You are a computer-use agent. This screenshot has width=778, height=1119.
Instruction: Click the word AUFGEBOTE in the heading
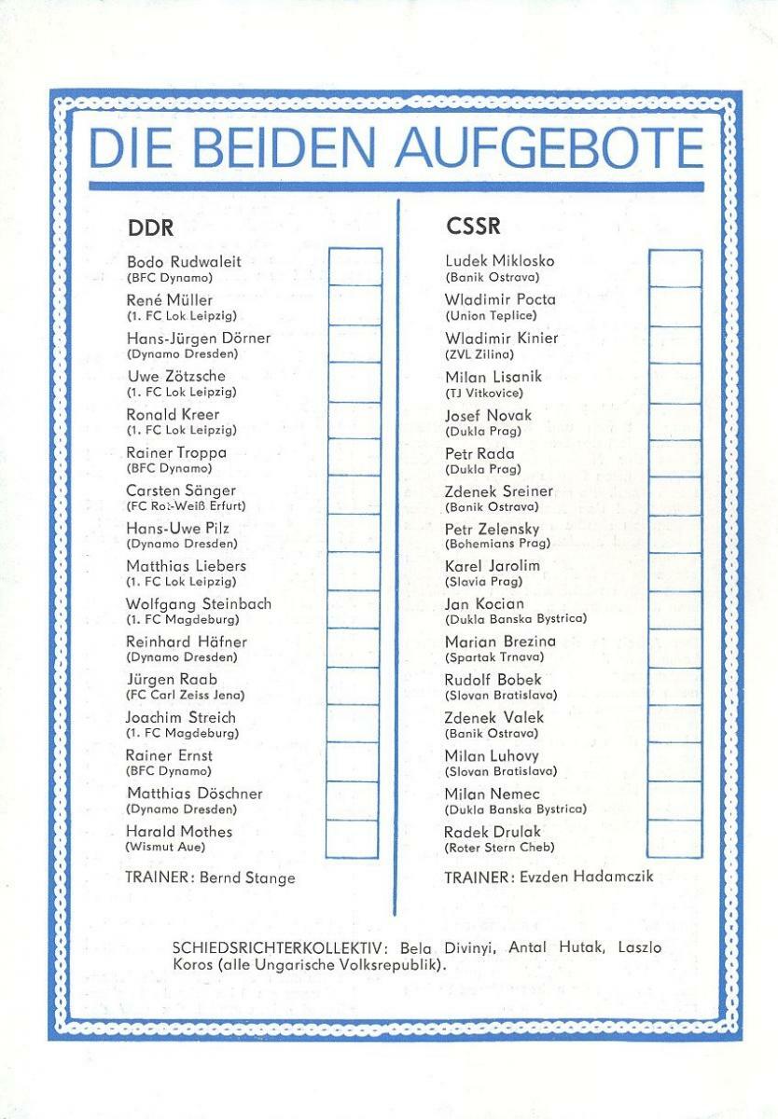[x=550, y=147]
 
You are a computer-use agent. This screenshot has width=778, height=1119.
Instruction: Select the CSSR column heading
[x=473, y=228]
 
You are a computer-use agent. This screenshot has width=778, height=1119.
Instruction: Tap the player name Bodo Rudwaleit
[x=184, y=262]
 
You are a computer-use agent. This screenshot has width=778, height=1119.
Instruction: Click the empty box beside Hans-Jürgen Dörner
[x=354, y=343]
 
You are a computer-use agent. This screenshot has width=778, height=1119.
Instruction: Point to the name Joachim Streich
[x=181, y=718]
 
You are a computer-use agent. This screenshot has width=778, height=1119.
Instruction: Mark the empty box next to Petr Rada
[x=675, y=458]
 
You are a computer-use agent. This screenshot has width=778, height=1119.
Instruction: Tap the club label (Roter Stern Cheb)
[x=500, y=847]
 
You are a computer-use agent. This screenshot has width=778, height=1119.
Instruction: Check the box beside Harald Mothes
[x=353, y=838]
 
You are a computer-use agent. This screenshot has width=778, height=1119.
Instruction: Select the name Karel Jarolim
[x=493, y=566]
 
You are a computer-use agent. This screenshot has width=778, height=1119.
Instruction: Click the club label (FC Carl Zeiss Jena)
[x=186, y=695]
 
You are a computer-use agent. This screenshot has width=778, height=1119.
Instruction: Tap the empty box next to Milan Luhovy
[x=675, y=762]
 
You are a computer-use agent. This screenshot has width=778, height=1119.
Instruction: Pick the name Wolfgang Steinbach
[x=199, y=604]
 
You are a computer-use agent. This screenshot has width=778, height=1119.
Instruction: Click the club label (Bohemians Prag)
[x=498, y=543]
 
